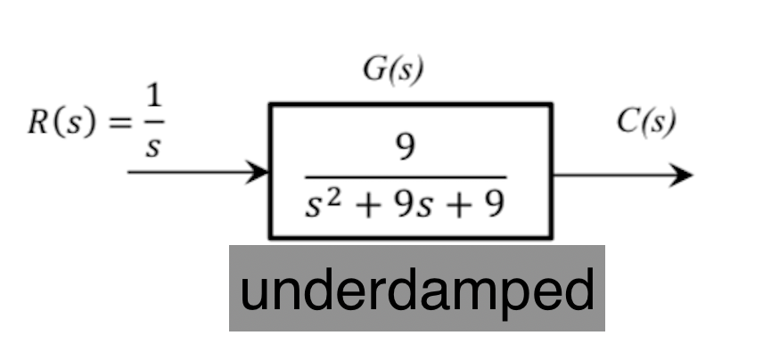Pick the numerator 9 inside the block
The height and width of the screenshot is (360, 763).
pos(406,148)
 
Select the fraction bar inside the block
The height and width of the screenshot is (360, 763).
pos(406,176)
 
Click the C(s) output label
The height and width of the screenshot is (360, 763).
pos(646,121)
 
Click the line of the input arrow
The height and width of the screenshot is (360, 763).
pos(187,172)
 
